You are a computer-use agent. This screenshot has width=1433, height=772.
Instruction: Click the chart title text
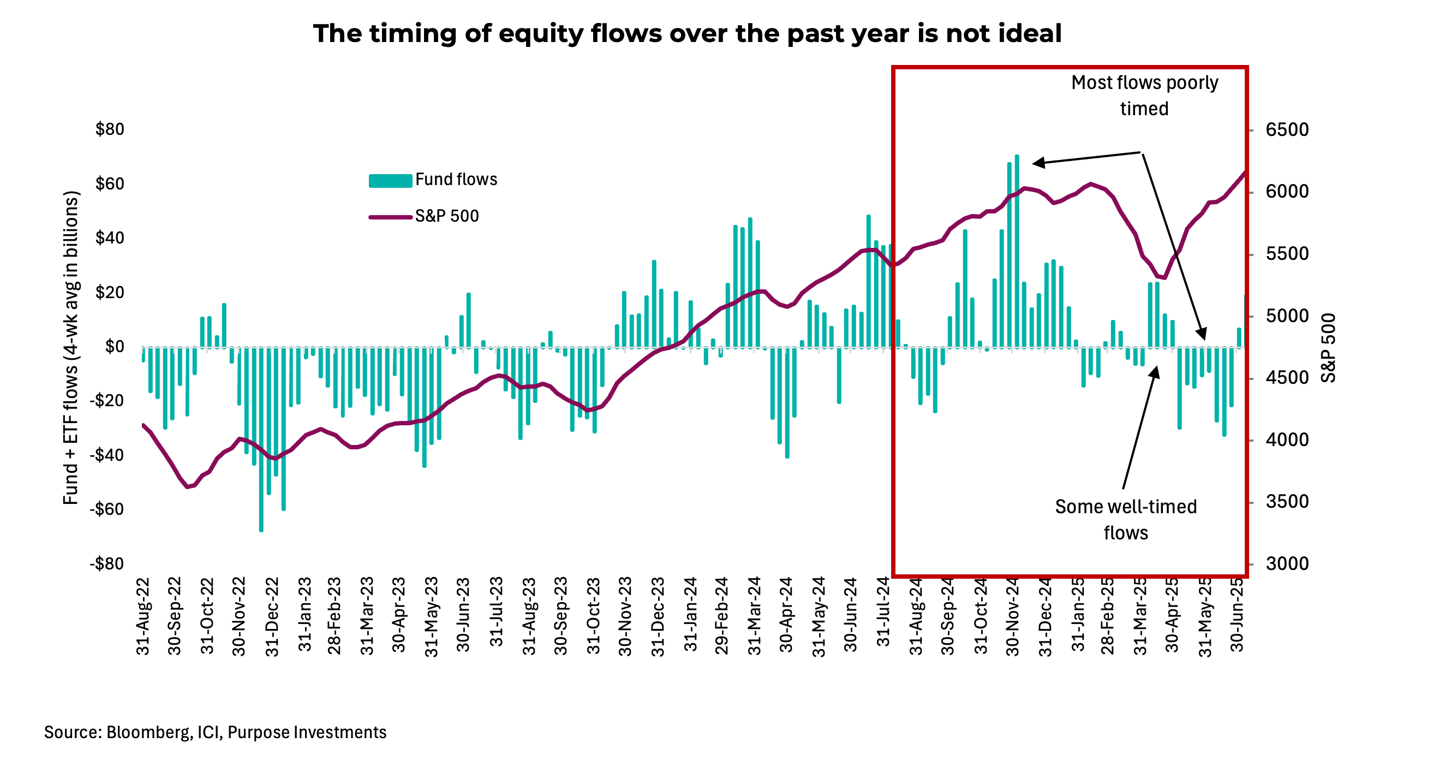coord(687,33)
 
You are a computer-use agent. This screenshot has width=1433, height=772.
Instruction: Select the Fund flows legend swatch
coord(390,180)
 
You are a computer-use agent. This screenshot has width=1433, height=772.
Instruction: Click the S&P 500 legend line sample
coord(390,217)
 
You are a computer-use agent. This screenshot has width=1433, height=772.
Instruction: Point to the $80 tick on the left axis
coord(110,130)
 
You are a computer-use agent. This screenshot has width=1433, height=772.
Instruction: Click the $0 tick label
coord(115,346)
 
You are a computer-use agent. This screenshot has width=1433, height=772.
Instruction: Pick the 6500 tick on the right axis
coord(1287,130)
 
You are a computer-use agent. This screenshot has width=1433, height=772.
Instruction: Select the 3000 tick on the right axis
coord(1287,563)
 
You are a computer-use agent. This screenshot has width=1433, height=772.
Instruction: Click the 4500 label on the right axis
coord(1287,378)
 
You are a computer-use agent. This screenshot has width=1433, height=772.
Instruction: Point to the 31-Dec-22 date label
coord(272,617)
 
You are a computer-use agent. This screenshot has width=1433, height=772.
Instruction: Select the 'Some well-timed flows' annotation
coord(1125,519)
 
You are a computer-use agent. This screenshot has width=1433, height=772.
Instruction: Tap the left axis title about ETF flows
coord(70,347)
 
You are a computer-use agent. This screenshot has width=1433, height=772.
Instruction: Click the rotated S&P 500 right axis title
coord(1328,348)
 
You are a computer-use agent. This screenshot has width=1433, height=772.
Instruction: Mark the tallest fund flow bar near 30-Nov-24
coord(1016,251)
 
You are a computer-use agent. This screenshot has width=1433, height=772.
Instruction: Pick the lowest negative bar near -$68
coord(261,440)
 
